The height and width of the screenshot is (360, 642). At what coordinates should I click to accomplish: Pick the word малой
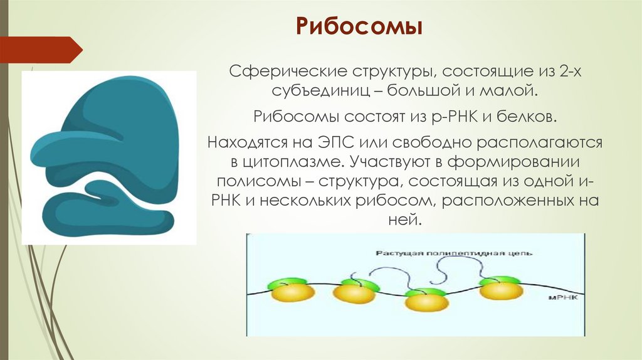pos(510,91)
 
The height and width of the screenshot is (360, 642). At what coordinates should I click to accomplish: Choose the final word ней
pos(406,221)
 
